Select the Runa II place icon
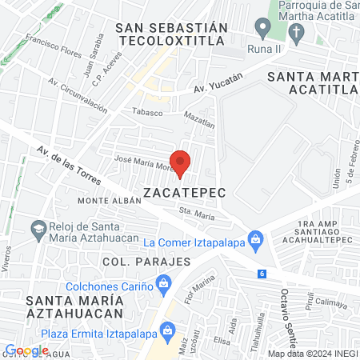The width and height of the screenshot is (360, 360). tap(261, 27)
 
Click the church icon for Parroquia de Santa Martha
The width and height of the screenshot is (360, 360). tap(297, 33)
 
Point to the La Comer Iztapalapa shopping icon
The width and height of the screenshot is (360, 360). tap(255, 238)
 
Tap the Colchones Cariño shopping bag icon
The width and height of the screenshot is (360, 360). tap(164, 282)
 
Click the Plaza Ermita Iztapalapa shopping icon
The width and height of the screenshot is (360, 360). tap(167, 329)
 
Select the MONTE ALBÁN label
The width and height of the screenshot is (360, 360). tap(104, 198)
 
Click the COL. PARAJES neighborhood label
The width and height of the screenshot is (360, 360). tap(146, 262)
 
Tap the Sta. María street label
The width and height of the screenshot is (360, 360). tap(197, 213)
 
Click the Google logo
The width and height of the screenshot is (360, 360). tap(26, 350)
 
